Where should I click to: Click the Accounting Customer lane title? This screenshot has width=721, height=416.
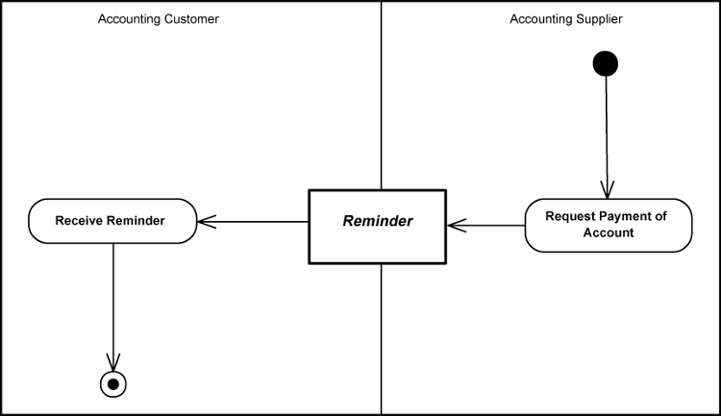point(159,19)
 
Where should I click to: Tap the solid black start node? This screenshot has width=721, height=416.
point(606,63)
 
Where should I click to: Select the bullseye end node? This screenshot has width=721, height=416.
point(113,383)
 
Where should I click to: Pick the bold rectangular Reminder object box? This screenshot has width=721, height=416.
point(377,226)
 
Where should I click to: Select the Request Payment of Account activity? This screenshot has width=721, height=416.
point(609,225)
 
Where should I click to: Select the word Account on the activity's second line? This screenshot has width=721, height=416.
point(609,232)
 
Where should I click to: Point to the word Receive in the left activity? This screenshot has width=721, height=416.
point(78,221)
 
